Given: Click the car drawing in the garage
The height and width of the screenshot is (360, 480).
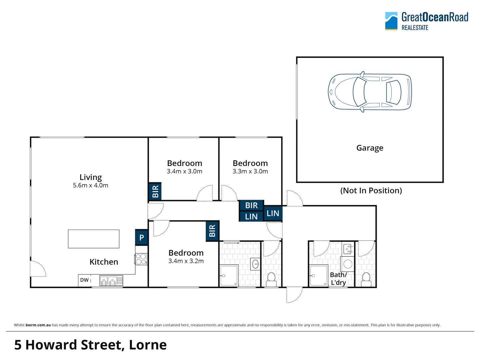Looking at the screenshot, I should pyautogui.click(x=370, y=92).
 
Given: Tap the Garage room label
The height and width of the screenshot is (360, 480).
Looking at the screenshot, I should pyautogui.click(x=370, y=148).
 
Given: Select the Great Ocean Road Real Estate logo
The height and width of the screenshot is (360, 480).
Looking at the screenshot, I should pyautogui.click(x=427, y=21).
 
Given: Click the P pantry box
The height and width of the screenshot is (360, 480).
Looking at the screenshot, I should pyautogui.click(x=142, y=237).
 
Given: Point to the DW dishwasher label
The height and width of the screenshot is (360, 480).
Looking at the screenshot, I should pyautogui.click(x=84, y=280).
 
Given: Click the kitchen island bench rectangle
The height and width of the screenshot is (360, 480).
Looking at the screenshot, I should pyautogui.click(x=94, y=239).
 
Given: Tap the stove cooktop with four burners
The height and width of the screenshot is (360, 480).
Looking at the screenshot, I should pyautogui.click(x=141, y=259).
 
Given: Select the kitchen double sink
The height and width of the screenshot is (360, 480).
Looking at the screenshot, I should pyautogui.click(x=108, y=281).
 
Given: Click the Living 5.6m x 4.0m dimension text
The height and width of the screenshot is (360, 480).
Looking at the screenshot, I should pyautogui.click(x=91, y=185).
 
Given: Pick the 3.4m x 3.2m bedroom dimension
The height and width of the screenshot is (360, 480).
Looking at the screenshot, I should pyautogui.click(x=186, y=261).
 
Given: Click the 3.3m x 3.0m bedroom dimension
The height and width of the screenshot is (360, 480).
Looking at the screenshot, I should pyautogui.click(x=250, y=171).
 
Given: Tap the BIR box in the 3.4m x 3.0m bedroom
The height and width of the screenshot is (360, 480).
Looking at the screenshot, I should pyautogui.click(x=155, y=192).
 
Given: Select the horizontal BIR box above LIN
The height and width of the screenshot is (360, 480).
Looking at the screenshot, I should pyautogui.click(x=252, y=205).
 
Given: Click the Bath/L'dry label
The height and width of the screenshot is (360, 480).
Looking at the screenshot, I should pyautogui.click(x=338, y=279).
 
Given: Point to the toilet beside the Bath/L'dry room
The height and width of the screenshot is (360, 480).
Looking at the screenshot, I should pyautogui.click(x=366, y=279).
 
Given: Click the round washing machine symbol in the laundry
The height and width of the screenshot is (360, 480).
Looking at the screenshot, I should pyautogui.click(x=348, y=264).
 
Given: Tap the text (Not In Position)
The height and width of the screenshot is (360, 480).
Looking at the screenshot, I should pyautogui.click(x=371, y=191).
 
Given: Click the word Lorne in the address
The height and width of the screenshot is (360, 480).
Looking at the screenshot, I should pyautogui.click(x=148, y=345).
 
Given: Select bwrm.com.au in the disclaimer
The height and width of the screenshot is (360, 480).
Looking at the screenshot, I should pyautogui.click(x=38, y=325).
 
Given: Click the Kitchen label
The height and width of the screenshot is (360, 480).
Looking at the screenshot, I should pyautogui.click(x=104, y=262).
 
